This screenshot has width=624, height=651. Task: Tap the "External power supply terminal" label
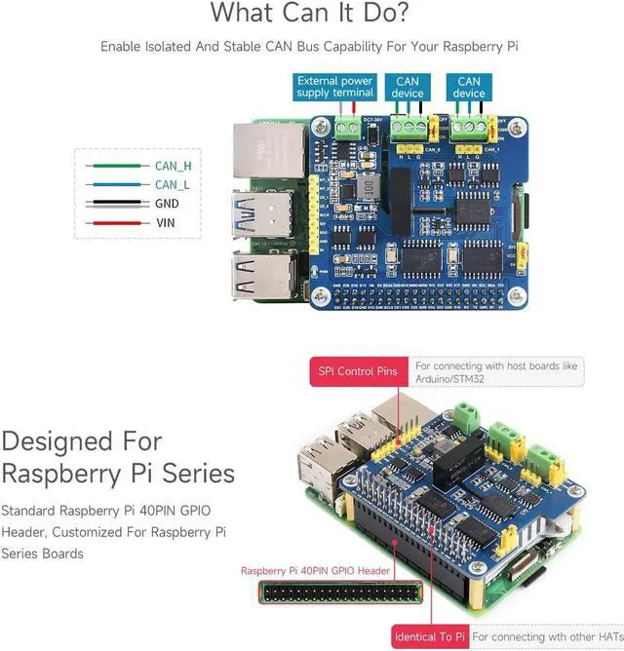pyautogui.click(x=334, y=87)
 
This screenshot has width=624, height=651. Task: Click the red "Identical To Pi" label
pyautogui.click(x=429, y=637)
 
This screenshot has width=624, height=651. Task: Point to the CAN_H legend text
pyautogui.click(x=173, y=166)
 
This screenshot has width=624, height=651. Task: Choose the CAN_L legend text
pyautogui.click(x=172, y=184)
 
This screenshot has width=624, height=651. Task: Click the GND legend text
pyautogui.click(x=167, y=204)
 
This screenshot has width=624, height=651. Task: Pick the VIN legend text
pyautogui.click(x=165, y=223)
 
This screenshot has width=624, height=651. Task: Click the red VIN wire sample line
pyautogui.click(x=115, y=223)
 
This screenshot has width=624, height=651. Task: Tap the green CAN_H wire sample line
pyautogui.click(x=115, y=166)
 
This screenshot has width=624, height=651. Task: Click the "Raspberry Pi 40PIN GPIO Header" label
pyautogui.click(x=315, y=571)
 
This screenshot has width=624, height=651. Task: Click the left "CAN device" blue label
pyautogui.click(x=408, y=87)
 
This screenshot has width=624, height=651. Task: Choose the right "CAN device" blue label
pyautogui.click(x=468, y=87)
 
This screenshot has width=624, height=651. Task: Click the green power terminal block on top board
pyautogui.click(x=347, y=126)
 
